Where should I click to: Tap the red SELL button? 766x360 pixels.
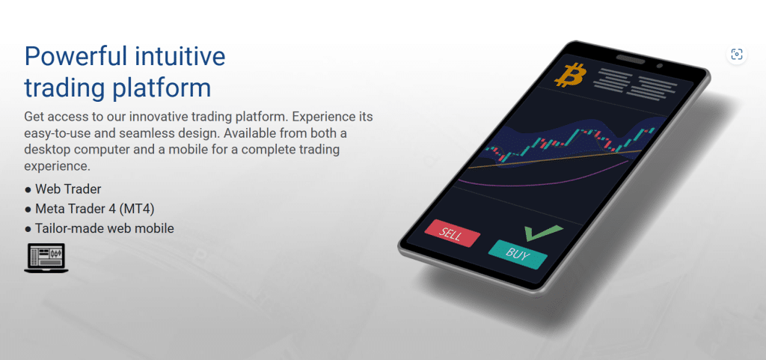click(452, 234)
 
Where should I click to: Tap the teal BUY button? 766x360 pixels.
click(518, 254)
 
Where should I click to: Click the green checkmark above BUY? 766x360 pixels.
click(542, 233)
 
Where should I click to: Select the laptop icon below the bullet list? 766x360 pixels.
click(46, 258)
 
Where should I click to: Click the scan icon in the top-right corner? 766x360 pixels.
click(737, 54)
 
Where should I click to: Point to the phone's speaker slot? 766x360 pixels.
click(631, 60)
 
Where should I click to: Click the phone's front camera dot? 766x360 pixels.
click(660, 65)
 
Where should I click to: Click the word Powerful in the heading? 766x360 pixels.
click(73, 57)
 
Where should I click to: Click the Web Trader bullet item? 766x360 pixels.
click(63, 189)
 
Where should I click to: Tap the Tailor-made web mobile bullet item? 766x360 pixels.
click(99, 228)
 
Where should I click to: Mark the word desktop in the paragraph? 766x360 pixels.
click(46, 150)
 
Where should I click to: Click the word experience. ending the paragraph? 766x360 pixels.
click(57, 166)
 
